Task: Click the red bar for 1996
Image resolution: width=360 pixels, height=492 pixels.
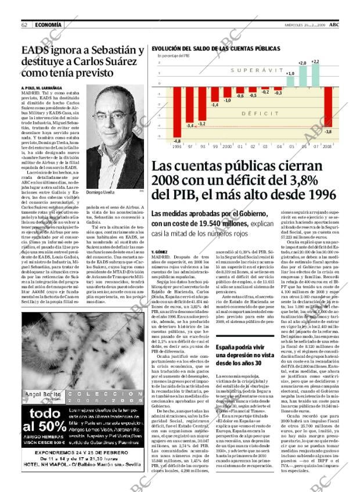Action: click(x=161, y=111)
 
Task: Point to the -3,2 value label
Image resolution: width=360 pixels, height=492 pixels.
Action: click(x=201, y=124)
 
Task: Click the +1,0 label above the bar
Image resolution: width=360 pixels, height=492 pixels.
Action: click(x=290, y=74)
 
